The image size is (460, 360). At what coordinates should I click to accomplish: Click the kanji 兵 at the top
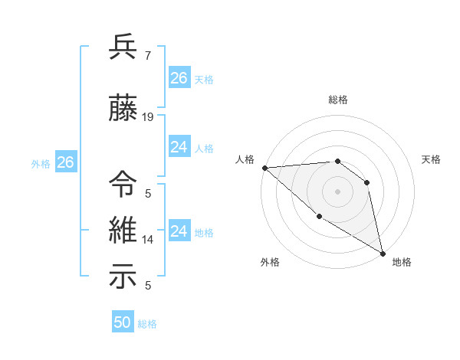(x=123, y=47)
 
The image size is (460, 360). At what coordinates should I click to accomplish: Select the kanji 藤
(x=123, y=110)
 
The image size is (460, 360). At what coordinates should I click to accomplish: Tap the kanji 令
(x=123, y=185)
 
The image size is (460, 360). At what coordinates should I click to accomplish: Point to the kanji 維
(x=123, y=231)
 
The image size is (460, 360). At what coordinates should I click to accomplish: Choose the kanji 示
(x=123, y=277)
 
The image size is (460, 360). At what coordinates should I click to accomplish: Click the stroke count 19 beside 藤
(x=148, y=117)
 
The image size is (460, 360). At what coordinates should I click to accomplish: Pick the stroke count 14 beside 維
(x=148, y=239)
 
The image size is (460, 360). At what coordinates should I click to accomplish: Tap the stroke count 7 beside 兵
(x=147, y=55)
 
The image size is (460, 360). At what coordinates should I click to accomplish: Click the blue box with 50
(x=123, y=322)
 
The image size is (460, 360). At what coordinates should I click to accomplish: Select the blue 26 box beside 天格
(x=179, y=78)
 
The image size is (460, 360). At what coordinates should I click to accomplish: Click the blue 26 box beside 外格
(x=65, y=162)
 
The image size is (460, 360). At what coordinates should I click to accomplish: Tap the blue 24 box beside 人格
(x=179, y=147)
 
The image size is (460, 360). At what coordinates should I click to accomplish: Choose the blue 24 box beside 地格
(x=179, y=231)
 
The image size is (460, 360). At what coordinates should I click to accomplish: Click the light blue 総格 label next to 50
(x=147, y=324)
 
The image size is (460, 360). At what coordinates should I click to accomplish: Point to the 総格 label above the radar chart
(x=337, y=100)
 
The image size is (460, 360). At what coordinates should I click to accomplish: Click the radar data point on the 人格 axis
(x=264, y=168)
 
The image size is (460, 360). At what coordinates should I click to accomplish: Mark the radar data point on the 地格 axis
(x=383, y=253)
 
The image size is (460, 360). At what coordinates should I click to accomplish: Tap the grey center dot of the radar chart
(x=337, y=191)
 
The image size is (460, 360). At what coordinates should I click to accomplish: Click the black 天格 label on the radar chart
(x=432, y=159)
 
